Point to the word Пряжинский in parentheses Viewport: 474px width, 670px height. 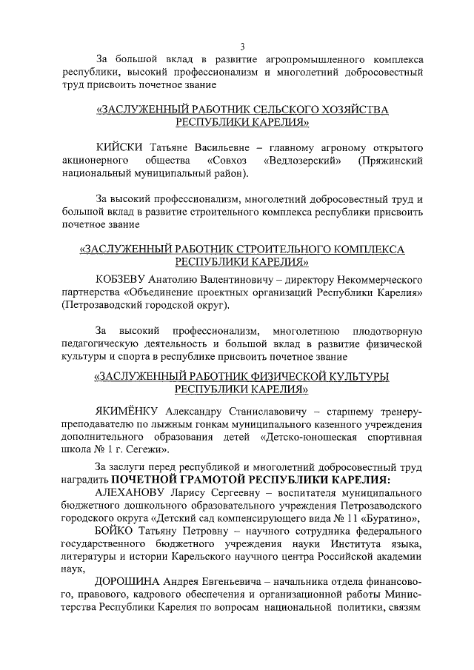pyautogui.click(x=390, y=161)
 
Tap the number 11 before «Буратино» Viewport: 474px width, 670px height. pyautogui.click(x=355, y=518)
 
